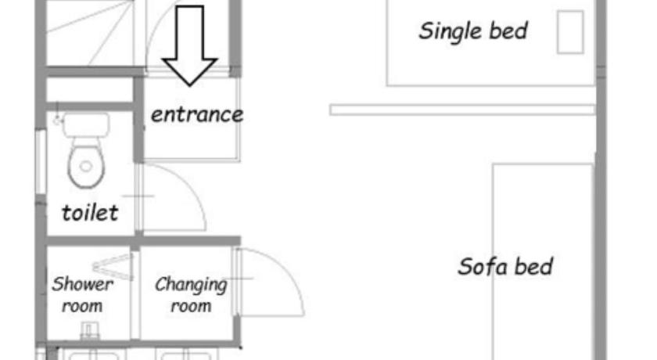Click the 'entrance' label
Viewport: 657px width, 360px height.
[197, 114]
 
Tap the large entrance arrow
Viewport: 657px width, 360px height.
[190, 46]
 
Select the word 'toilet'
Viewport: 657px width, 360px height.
[90, 213]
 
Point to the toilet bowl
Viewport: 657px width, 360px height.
[86, 166]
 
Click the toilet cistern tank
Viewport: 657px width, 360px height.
[86, 125]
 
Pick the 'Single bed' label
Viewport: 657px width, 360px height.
[473, 31]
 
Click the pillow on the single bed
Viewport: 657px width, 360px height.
[570, 32]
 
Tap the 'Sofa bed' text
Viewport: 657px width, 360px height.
[506, 267]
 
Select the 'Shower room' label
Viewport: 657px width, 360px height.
[82, 295]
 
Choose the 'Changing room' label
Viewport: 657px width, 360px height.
[191, 295]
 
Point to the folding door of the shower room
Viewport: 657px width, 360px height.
[113, 267]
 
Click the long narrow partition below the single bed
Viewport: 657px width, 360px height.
[462, 110]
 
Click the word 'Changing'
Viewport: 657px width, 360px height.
[191, 285]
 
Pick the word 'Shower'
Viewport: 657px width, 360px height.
[82, 284]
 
